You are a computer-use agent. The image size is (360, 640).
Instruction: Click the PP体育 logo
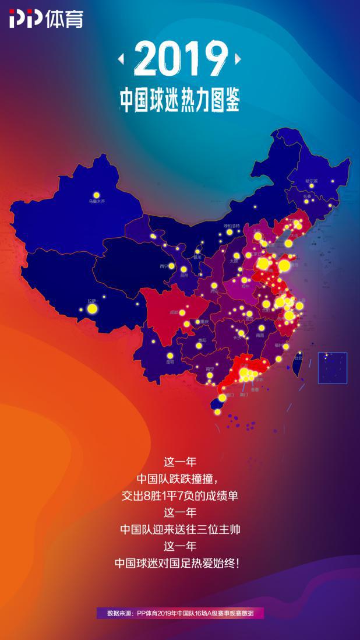click(45, 19)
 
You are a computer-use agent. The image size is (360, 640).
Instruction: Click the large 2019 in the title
click(180, 60)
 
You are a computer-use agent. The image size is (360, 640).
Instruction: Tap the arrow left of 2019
click(121, 59)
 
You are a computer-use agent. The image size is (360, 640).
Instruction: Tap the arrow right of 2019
click(238, 59)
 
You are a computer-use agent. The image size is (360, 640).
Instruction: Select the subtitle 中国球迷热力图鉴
click(180, 99)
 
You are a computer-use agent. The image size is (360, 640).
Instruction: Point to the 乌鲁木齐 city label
click(97, 202)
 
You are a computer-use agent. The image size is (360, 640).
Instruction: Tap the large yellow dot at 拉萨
click(91, 308)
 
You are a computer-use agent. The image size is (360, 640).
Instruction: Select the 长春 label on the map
click(307, 196)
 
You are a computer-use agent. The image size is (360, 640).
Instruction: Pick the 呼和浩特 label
click(232, 226)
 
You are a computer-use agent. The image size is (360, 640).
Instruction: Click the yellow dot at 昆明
click(170, 355)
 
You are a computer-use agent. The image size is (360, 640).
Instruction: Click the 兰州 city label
click(184, 275)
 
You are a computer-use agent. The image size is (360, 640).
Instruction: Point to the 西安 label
click(214, 291)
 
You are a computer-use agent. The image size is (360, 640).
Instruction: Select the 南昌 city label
click(260, 335)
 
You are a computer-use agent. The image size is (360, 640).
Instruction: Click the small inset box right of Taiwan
click(332, 367)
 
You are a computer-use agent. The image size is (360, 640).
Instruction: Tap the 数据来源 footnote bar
click(180, 613)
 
